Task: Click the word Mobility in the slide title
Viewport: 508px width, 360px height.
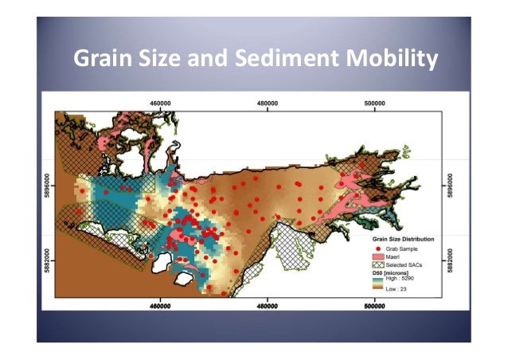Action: (395, 58)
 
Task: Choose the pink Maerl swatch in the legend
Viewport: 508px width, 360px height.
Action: (378, 256)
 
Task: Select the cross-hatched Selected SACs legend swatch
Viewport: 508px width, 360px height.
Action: (378, 264)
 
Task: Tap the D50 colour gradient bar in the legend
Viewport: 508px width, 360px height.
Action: (378, 284)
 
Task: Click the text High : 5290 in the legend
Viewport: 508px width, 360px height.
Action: (403, 278)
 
